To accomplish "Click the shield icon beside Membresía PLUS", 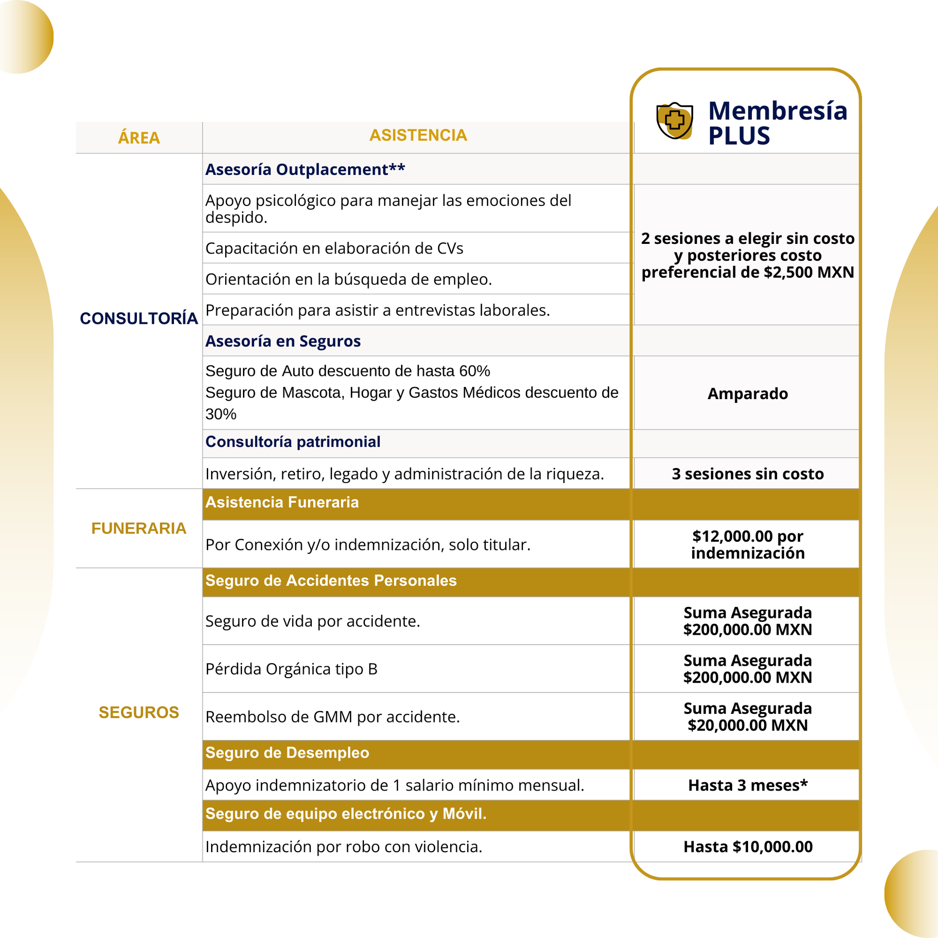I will pyautogui.click(x=674, y=121).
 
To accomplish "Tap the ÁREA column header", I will pyautogui.click(x=139, y=138).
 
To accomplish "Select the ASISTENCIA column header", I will pyautogui.click(x=418, y=135).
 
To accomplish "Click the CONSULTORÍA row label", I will pyautogui.click(x=139, y=319).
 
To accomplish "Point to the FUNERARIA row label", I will pyautogui.click(x=139, y=528).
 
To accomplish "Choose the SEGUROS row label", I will pyautogui.click(x=139, y=712).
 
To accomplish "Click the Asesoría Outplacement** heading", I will pyautogui.click(x=305, y=170).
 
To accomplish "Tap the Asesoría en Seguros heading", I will pyautogui.click(x=283, y=341).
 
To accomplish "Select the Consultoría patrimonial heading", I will pyautogui.click(x=293, y=442).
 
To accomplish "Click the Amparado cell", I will pyautogui.click(x=748, y=394).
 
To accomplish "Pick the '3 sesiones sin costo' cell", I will pyautogui.click(x=748, y=474).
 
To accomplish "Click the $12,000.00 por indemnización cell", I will pyautogui.click(x=748, y=544).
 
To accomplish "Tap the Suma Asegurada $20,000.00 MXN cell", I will pyautogui.click(x=748, y=717).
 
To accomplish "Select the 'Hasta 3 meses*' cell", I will pyautogui.click(x=748, y=785).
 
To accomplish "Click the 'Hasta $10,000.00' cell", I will pyautogui.click(x=748, y=847).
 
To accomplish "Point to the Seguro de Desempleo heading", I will pyautogui.click(x=287, y=752).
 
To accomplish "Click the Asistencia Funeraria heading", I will pyautogui.click(x=282, y=502).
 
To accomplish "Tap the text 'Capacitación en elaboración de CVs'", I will pyautogui.click(x=334, y=249).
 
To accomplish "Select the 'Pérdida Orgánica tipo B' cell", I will pyautogui.click(x=291, y=669).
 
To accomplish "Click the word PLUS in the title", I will pyautogui.click(x=739, y=136).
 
